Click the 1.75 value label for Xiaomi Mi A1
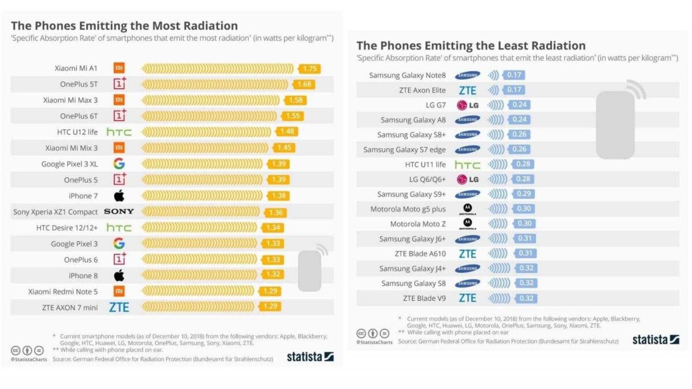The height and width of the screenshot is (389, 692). click(310, 69)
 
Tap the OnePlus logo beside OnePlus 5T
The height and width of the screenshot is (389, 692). click(119, 84)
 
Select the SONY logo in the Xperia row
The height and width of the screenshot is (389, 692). click(119, 212)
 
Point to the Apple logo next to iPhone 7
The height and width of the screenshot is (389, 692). click(119, 196)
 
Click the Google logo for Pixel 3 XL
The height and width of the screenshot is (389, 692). click(119, 164)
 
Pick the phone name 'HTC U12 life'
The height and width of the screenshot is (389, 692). click(77, 132)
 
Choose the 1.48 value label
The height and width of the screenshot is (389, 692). click(287, 132)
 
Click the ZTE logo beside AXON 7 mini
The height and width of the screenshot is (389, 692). click(119, 307)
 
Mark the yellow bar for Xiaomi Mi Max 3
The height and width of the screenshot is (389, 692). click(213, 100)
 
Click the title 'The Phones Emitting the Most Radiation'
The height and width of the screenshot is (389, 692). click(125, 26)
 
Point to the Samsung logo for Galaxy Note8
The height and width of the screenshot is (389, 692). click(467, 75)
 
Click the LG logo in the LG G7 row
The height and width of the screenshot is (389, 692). click(467, 105)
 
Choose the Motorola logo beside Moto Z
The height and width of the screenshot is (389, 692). click(467, 224)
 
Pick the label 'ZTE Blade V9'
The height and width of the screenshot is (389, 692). click(424, 298)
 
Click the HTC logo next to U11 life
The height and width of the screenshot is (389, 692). click(467, 165)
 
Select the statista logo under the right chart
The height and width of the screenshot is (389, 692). click(655, 339)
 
